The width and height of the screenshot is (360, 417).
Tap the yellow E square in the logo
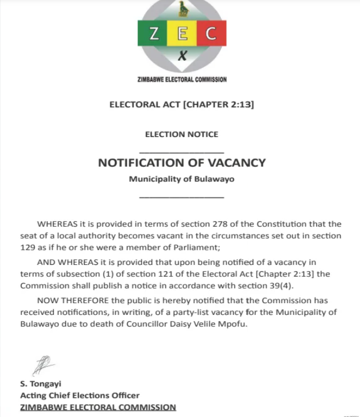click(x=182, y=34)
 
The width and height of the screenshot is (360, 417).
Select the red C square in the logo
click(x=210, y=34)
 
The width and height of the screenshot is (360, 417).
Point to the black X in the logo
click(x=182, y=55)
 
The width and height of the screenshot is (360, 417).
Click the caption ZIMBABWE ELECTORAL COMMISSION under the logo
click(x=182, y=80)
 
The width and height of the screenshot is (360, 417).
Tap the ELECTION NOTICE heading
click(x=182, y=135)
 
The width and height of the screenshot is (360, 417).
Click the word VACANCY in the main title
click(x=236, y=163)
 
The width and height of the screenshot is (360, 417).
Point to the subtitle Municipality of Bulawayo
click(x=182, y=180)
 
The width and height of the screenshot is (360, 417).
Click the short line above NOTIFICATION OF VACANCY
click(x=181, y=152)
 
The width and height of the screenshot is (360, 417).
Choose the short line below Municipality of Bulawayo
click(x=181, y=197)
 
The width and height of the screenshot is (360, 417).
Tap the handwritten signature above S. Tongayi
click(x=43, y=365)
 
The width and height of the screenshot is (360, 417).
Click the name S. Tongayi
click(x=40, y=384)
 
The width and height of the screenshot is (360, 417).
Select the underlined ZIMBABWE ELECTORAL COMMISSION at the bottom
click(x=98, y=407)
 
